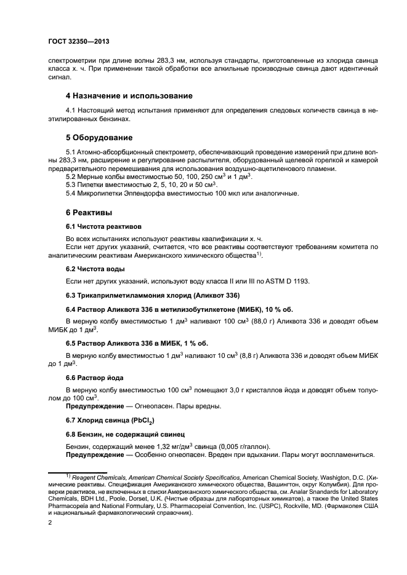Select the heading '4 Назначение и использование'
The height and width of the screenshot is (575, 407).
pyautogui.click(x=129, y=96)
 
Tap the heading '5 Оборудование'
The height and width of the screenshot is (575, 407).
pyautogui.click(x=99, y=137)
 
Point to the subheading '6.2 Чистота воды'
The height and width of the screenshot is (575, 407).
pyautogui.click(x=95, y=269)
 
